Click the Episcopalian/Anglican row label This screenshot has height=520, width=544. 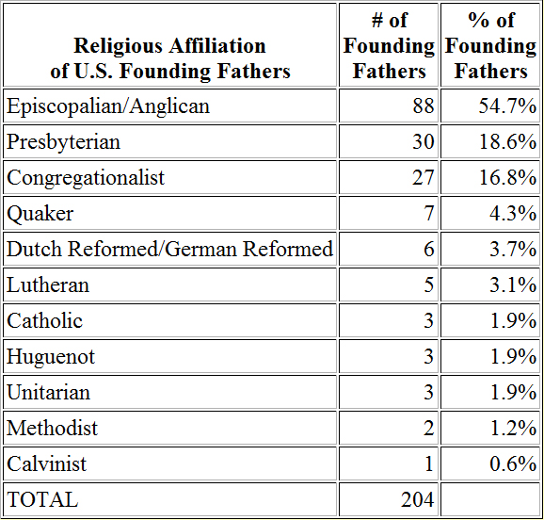click(108, 106)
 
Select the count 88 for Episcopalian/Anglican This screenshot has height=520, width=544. click(424, 106)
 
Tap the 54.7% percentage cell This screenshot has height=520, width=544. click(507, 106)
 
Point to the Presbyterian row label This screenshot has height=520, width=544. click(63, 142)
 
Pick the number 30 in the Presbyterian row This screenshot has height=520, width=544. click(424, 141)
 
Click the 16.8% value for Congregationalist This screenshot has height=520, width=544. click(507, 177)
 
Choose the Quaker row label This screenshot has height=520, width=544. click(40, 214)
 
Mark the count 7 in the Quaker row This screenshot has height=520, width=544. click(429, 213)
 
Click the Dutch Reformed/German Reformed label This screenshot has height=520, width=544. click(170, 249)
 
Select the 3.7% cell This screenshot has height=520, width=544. click(513, 249)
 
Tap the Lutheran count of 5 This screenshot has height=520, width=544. click(429, 284)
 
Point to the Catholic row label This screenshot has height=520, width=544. click(45, 320)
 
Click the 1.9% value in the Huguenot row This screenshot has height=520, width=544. click(513, 356)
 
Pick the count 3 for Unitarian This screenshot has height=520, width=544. click(429, 392)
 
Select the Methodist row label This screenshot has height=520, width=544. click(52, 428)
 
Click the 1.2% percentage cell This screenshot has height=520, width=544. click(513, 428)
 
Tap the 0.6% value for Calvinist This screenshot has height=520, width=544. click(513, 463)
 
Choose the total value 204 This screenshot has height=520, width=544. click(418, 500)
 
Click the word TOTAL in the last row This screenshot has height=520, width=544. click(42, 500)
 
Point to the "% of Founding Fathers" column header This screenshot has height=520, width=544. click(491, 45)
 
